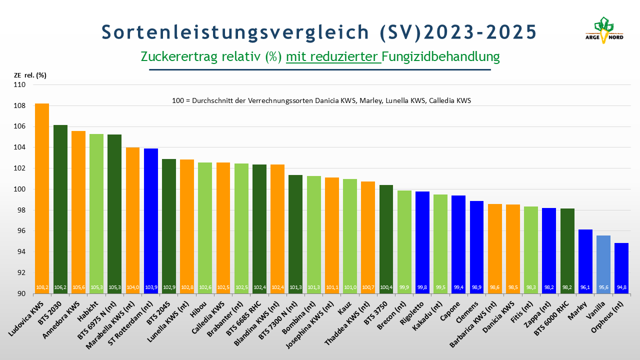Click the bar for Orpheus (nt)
click(x=621, y=267)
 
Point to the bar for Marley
click(x=585, y=260)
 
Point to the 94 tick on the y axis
click(x=21, y=252)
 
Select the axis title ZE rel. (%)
click(x=30, y=75)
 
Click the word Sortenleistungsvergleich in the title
click(x=235, y=31)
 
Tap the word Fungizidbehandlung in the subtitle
click(x=441, y=56)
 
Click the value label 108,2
click(x=42, y=287)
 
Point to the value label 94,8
click(x=621, y=287)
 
